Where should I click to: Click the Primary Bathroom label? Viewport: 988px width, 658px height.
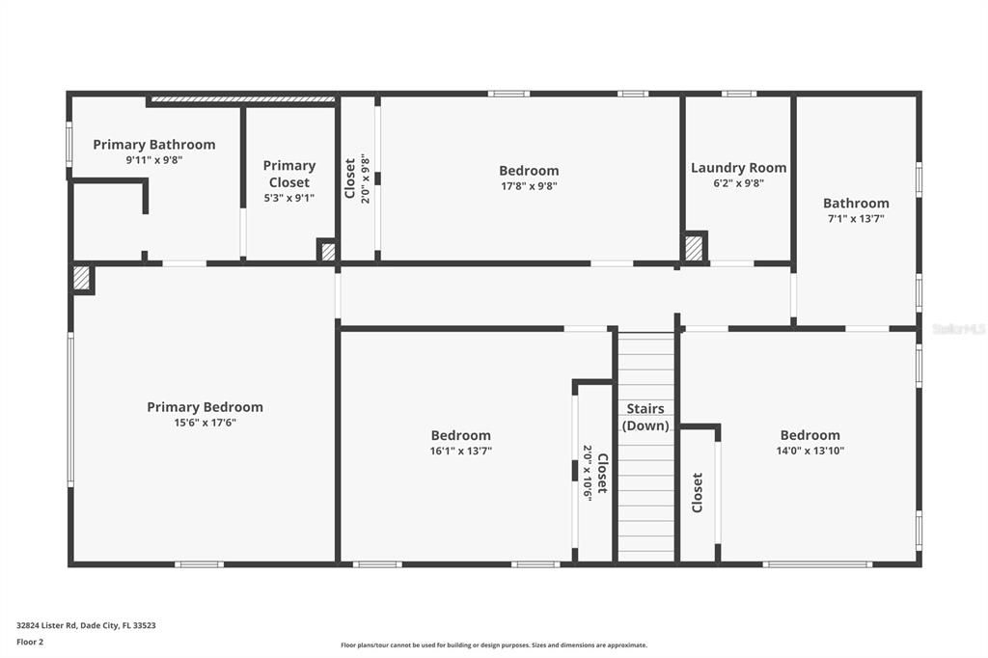click(154, 145)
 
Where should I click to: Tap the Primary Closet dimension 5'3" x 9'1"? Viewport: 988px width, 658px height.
click(289, 198)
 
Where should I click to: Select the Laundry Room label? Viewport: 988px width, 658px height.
click(738, 168)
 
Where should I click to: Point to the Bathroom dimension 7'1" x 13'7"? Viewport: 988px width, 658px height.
click(856, 219)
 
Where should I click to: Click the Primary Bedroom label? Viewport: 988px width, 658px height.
click(205, 407)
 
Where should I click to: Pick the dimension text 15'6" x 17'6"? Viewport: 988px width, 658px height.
click(205, 423)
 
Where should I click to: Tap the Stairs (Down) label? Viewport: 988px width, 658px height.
click(645, 417)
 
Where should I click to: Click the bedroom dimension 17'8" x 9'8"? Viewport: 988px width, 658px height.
click(529, 186)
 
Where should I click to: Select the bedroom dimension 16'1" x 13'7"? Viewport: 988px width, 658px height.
click(460, 451)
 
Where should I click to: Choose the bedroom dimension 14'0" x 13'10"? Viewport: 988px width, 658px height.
click(810, 451)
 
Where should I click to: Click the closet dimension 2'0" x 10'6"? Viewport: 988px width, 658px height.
click(588, 473)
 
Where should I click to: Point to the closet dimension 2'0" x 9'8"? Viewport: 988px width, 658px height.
click(366, 178)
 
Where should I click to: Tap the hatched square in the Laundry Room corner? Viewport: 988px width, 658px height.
click(694, 246)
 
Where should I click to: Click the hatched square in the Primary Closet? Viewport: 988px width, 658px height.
click(328, 252)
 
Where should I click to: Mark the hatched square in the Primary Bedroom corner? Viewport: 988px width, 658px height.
click(82, 278)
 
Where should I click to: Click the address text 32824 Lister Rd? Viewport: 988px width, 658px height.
click(46, 625)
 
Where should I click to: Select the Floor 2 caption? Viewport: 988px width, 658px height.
click(30, 643)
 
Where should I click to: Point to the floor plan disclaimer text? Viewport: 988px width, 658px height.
click(494, 645)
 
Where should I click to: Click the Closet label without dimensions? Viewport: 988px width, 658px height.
click(697, 493)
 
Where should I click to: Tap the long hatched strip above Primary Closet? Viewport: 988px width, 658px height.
click(243, 99)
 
